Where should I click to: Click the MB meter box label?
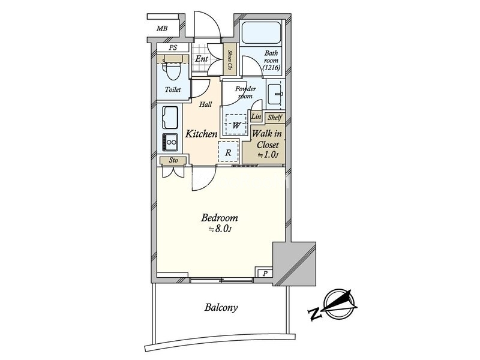[162, 28]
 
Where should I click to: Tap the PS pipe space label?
[173, 47]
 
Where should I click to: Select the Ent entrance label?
[202, 58]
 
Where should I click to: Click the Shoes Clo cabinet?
[229, 60]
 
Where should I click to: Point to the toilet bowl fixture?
[172, 70]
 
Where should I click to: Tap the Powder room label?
[245, 92]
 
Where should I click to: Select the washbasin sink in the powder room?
[275, 94]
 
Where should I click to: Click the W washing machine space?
[236, 124]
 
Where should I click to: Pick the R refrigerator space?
[228, 152]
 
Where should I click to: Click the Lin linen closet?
[256, 116]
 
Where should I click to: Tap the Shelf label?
[275, 117]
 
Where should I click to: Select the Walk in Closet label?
[267, 144]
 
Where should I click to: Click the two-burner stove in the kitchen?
[170, 142]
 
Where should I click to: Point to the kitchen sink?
[170, 118]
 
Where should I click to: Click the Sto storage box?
[173, 160]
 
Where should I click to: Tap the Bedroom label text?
[219, 218]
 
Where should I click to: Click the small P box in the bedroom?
[265, 273]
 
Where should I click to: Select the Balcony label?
[221, 307]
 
